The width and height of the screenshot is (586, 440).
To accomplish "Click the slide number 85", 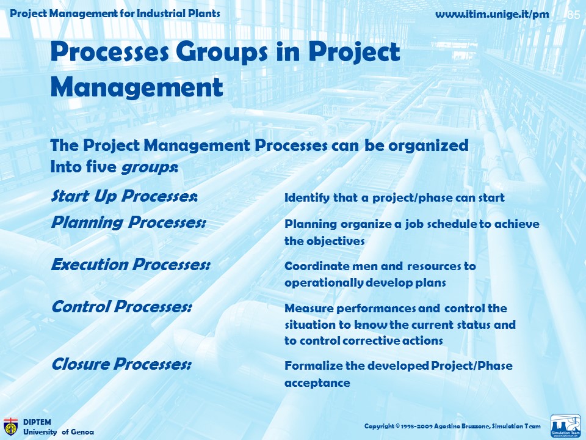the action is [x=574, y=15].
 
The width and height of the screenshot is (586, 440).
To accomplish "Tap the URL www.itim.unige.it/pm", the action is [x=492, y=14].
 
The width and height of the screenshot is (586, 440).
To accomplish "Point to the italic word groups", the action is [x=149, y=167].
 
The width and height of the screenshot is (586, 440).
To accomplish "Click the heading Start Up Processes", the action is [x=125, y=196].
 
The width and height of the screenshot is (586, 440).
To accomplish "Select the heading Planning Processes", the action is [x=129, y=222].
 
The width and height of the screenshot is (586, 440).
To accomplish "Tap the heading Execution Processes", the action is [x=131, y=265].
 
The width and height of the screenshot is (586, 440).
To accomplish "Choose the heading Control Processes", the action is [x=121, y=306].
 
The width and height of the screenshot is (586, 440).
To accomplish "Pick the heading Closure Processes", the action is [x=121, y=364].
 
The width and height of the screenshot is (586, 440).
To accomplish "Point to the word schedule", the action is [x=452, y=224].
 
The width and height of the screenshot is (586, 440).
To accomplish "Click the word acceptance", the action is [x=317, y=383].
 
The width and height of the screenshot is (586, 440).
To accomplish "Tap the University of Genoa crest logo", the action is [x=10, y=426].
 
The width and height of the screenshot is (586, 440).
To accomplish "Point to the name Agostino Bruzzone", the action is [x=460, y=426].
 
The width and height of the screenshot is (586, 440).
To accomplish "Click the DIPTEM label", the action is [x=37, y=422].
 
